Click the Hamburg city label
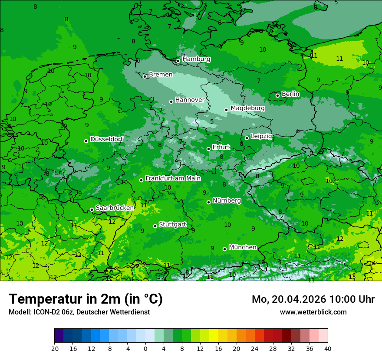pos(196,59)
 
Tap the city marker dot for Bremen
pos(145,76)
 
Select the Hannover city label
pos(190,100)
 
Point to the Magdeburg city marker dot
pos(226,110)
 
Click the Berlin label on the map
pos(290,94)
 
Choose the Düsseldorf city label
pos(106,140)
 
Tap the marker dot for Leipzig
pos(247,138)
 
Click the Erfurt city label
pos(221,147)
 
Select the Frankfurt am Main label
pos(173,178)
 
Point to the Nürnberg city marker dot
pos(209,202)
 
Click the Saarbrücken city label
pos(115,208)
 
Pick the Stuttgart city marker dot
pos(155,226)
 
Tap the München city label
pos(242,247)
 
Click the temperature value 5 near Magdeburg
pos(212,121)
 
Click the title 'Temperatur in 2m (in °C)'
pos(86,299)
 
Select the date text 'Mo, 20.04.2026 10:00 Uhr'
pos(313,299)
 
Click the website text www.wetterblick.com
pos(313,312)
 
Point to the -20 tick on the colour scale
pos(54,348)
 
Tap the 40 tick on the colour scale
pos(327,348)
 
